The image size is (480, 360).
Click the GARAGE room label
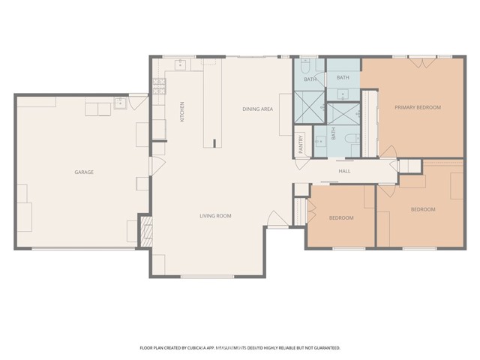(83, 172)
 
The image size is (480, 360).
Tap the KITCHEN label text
(181, 112)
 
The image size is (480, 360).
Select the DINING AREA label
(257, 109)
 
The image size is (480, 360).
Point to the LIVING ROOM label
(215, 217)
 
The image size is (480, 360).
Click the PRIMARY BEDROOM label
(418, 108)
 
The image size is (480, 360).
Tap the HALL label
(344, 172)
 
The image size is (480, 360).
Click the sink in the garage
(118, 103)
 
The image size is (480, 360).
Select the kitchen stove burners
(160, 78)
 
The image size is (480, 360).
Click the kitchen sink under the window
(180, 65)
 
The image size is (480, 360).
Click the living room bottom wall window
(207, 277)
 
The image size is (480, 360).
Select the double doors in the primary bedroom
(419, 63)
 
